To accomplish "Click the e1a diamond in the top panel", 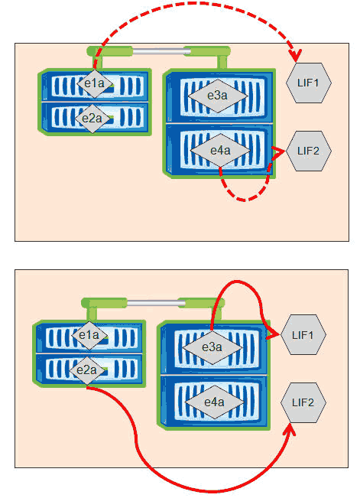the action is (x=95, y=83).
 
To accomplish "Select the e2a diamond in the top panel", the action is (x=92, y=119).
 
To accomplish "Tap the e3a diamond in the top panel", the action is (x=218, y=96).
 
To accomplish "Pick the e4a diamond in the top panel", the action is (x=220, y=150).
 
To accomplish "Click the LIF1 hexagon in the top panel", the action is (x=309, y=83).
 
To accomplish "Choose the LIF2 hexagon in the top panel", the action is (x=309, y=151).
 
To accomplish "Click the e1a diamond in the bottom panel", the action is (x=89, y=335).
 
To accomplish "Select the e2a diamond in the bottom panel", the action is (x=87, y=370).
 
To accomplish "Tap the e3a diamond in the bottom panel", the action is (x=212, y=347).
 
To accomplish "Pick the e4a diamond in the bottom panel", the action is (x=215, y=402).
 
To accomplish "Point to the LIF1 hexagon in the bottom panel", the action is (x=303, y=335).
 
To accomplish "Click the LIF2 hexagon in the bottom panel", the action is (x=303, y=402).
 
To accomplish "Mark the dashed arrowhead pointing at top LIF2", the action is (x=278, y=152).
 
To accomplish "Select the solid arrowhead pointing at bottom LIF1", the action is (x=273, y=334).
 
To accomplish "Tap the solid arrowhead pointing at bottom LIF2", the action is (x=290, y=429).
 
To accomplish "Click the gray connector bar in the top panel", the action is (x=161, y=51).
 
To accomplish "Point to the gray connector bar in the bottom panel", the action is (x=156, y=303).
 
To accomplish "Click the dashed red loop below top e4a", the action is (x=245, y=200).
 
